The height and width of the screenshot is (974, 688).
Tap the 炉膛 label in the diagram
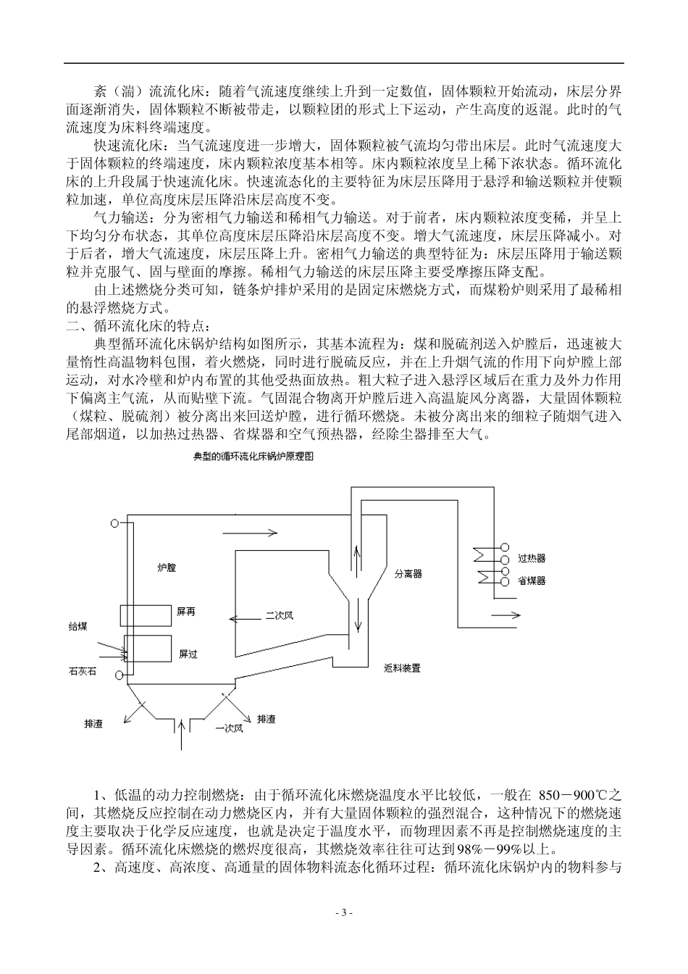click(167, 568)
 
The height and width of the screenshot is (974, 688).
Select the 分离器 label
click(408, 573)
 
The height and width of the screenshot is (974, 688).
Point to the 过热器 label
click(532, 559)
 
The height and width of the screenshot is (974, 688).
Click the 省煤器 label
click(532, 581)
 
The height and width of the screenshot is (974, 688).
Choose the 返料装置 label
click(402, 667)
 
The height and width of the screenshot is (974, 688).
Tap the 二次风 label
click(279, 615)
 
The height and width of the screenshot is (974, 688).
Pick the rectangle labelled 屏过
click(148, 649)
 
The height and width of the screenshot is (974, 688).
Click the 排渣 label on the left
click(93, 724)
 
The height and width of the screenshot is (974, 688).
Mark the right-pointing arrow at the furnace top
click(250, 533)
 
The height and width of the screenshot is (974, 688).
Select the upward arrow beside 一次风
click(181, 732)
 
